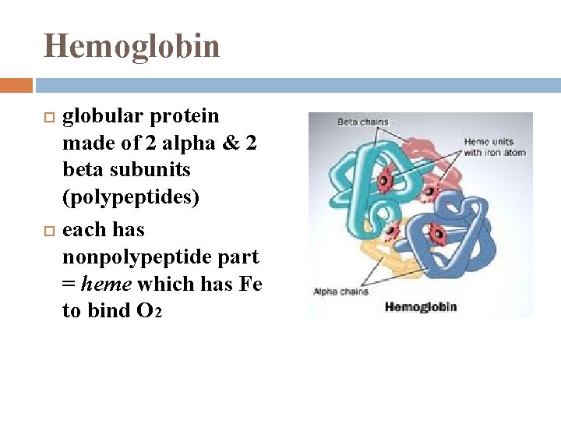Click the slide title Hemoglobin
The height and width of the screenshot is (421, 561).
point(132,46)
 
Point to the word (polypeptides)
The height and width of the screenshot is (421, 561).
point(131,197)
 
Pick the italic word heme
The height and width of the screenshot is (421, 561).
point(108,284)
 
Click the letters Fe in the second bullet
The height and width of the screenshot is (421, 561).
point(251,284)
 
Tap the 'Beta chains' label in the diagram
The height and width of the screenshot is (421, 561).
point(362,122)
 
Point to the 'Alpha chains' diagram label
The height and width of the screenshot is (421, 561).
point(340,292)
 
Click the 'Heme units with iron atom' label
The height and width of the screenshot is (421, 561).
point(494,147)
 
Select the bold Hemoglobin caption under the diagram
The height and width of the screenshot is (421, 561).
point(421,306)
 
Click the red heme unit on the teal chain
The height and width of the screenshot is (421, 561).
point(383,181)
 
